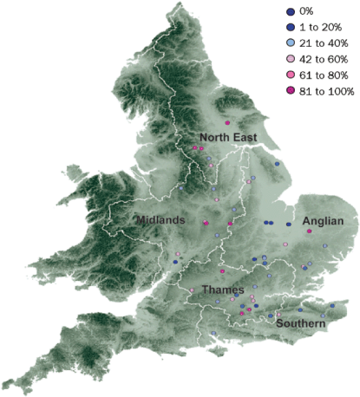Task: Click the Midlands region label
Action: [160, 221]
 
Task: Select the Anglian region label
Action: [324, 222]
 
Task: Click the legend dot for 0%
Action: [289, 11]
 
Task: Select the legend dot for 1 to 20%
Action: [289, 27]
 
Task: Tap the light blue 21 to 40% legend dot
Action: [289, 42]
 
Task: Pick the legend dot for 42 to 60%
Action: [289, 58]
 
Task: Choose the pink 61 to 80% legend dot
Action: [289, 74]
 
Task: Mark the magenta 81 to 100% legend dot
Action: [289, 89]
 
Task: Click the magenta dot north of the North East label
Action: [226, 124]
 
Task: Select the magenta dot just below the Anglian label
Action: [309, 231]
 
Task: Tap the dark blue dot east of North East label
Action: [278, 163]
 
